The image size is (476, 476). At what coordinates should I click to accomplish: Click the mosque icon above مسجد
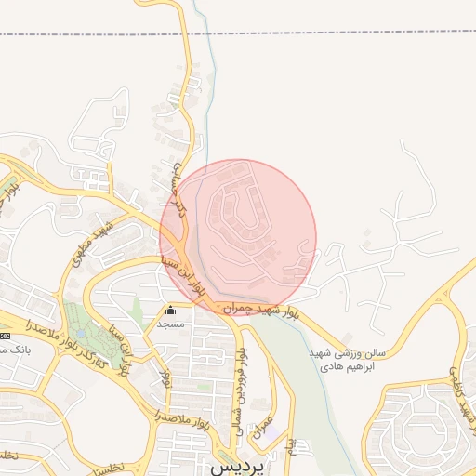[x=170, y=311]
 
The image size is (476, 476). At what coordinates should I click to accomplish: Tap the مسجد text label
[x=170, y=324]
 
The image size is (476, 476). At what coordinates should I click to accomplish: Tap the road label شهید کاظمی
[x=459, y=390]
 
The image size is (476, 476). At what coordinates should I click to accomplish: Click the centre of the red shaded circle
[x=238, y=237]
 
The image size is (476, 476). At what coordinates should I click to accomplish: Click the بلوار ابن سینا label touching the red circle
[x=182, y=275]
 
